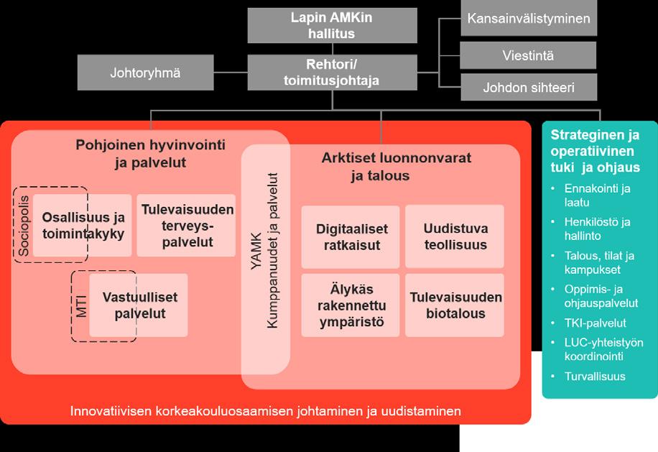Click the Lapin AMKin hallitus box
[333, 24]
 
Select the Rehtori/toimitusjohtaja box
[333, 73]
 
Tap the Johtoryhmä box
[145, 73]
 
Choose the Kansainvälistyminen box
[528, 19]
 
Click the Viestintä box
[528, 55]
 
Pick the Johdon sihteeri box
[528, 88]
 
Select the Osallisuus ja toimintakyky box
[83, 225]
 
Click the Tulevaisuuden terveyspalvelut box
[187, 225]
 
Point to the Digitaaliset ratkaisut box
[351, 236]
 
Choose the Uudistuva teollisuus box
[455, 236]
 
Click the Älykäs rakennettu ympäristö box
[351, 305]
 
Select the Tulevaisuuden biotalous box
[455, 305]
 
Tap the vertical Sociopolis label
[23, 226]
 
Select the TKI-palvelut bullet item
[595, 323]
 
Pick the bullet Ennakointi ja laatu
[597, 195]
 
